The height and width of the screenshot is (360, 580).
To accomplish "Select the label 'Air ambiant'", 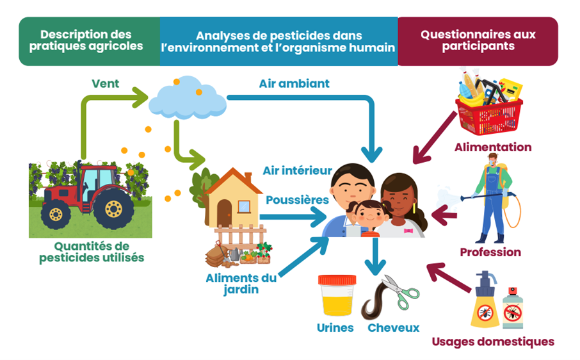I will coord(294,83).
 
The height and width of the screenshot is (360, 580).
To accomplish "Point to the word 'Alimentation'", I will coord(493,147).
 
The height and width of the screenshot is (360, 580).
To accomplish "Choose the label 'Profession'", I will coord(490,252).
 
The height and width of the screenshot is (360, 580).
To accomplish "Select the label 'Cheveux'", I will coord(394,328).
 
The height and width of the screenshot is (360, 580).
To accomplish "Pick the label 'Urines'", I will coord(335,328).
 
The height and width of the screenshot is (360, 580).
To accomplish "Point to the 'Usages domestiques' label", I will coord(492,341).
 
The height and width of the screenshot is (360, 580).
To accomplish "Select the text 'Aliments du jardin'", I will coord(241,283).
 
